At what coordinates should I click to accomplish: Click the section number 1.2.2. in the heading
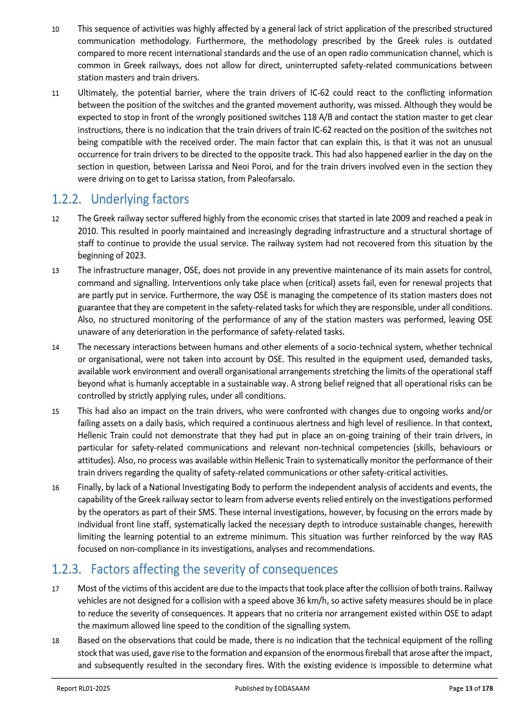click(x=68, y=199)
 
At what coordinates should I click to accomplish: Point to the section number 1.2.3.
click(x=68, y=569)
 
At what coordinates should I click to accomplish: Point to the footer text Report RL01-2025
click(x=84, y=688)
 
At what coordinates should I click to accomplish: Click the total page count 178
click(x=486, y=688)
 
